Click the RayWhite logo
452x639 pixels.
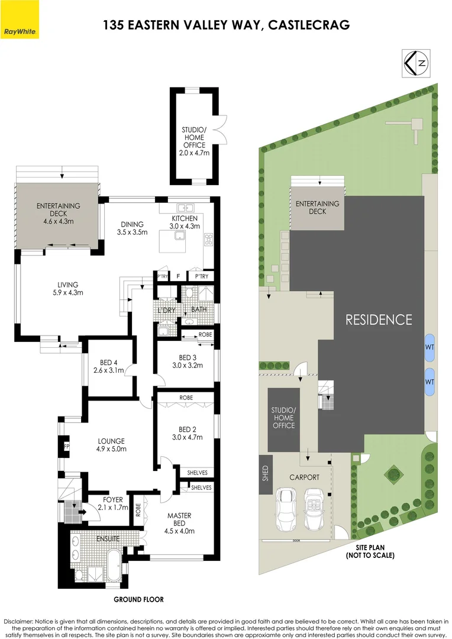20,30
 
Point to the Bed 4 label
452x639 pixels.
108,367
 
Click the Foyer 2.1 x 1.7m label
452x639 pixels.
109,503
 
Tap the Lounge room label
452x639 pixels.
111,444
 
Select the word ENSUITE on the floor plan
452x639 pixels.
108,539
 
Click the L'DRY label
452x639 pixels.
166,310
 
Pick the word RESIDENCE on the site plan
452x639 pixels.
379,319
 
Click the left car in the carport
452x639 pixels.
286,509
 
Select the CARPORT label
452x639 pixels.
305,477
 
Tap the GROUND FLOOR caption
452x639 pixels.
138,599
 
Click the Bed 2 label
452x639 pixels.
187,433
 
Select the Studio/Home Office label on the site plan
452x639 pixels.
283,418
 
